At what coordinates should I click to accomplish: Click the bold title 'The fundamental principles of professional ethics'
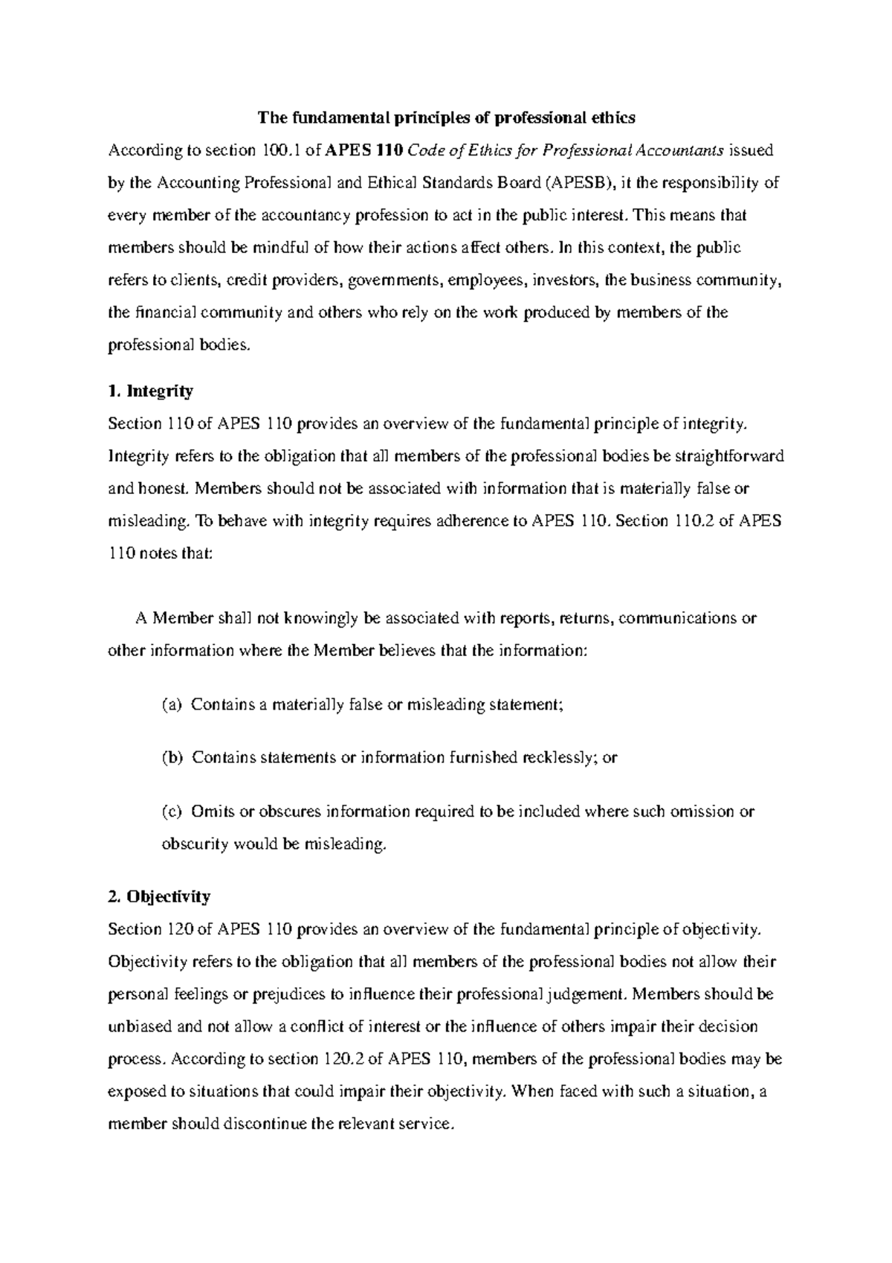(446, 118)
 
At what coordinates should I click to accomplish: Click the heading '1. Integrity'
(150, 391)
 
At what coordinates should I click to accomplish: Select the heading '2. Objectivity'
(158, 896)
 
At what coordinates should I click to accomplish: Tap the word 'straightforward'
(732, 456)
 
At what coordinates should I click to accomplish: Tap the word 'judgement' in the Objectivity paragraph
(586, 994)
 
